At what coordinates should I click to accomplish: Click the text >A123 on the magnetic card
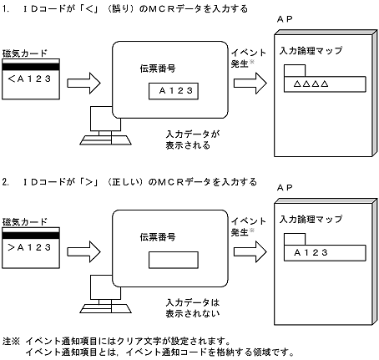pos(28,248)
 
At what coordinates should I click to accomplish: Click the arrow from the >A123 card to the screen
pos(85,250)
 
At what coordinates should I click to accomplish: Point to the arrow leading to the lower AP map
pos(250,251)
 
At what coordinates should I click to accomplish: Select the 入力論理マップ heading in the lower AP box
pos(306,220)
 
